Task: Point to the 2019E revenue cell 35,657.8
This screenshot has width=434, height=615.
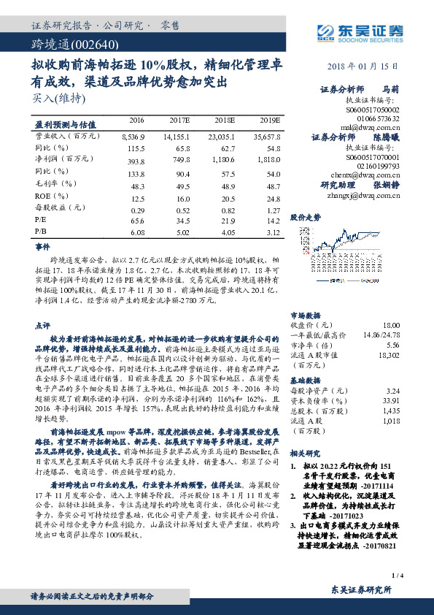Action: pyautogui.click(x=266, y=137)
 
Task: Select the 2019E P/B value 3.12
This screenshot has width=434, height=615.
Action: pyautogui.click(x=271, y=233)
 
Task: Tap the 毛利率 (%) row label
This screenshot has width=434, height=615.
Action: pyautogui.click(x=55, y=183)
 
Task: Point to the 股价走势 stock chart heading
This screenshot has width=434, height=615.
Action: pyautogui.click(x=306, y=217)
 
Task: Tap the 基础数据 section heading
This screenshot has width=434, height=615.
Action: pyautogui.click(x=306, y=381)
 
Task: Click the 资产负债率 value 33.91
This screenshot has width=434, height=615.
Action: pyautogui.click(x=391, y=400)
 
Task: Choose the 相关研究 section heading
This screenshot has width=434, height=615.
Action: pyautogui.click(x=306, y=453)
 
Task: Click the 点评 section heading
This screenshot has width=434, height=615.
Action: pyautogui.click(x=42, y=324)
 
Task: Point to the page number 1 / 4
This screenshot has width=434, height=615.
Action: pyautogui.click(x=397, y=576)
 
